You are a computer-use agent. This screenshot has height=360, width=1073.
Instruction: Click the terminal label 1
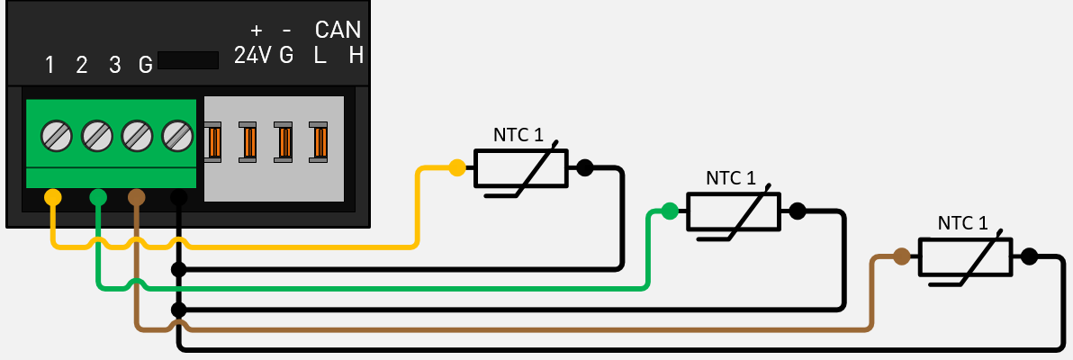[x=50, y=65]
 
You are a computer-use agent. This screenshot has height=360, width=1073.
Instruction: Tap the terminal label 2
[x=82, y=65]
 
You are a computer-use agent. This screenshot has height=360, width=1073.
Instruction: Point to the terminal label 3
[x=115, y=65]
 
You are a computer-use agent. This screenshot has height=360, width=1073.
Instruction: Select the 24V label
[x=252, y=56]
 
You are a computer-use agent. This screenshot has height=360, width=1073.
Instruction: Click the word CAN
[x=338, y=30]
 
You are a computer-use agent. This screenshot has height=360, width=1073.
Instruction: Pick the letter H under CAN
[x=356, y=56]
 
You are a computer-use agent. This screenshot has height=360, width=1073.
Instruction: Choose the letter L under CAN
[x=320, y=56]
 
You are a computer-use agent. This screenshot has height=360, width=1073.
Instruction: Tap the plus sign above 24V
[x=256, y=30]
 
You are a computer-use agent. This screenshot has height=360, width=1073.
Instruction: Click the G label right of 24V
[x=286, y=56]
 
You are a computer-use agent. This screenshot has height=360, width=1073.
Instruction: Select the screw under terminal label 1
[x=56, y=137]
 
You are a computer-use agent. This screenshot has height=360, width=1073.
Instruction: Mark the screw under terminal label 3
[x=137, y=137]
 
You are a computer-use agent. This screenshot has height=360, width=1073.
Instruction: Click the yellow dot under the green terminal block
[x=53, y=196]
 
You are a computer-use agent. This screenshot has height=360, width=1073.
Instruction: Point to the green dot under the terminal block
[x=98, y=196]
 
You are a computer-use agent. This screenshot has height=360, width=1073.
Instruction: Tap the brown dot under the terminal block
[x=136, y=196]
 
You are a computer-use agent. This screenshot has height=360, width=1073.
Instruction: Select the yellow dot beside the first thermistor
[x=457, y=167]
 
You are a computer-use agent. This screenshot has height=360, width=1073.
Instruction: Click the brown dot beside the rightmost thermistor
[x=901, y=256]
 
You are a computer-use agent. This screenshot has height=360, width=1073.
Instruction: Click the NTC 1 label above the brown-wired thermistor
[x=962, y=223]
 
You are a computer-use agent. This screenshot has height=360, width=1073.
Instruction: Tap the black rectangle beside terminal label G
[x=187, y=60]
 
